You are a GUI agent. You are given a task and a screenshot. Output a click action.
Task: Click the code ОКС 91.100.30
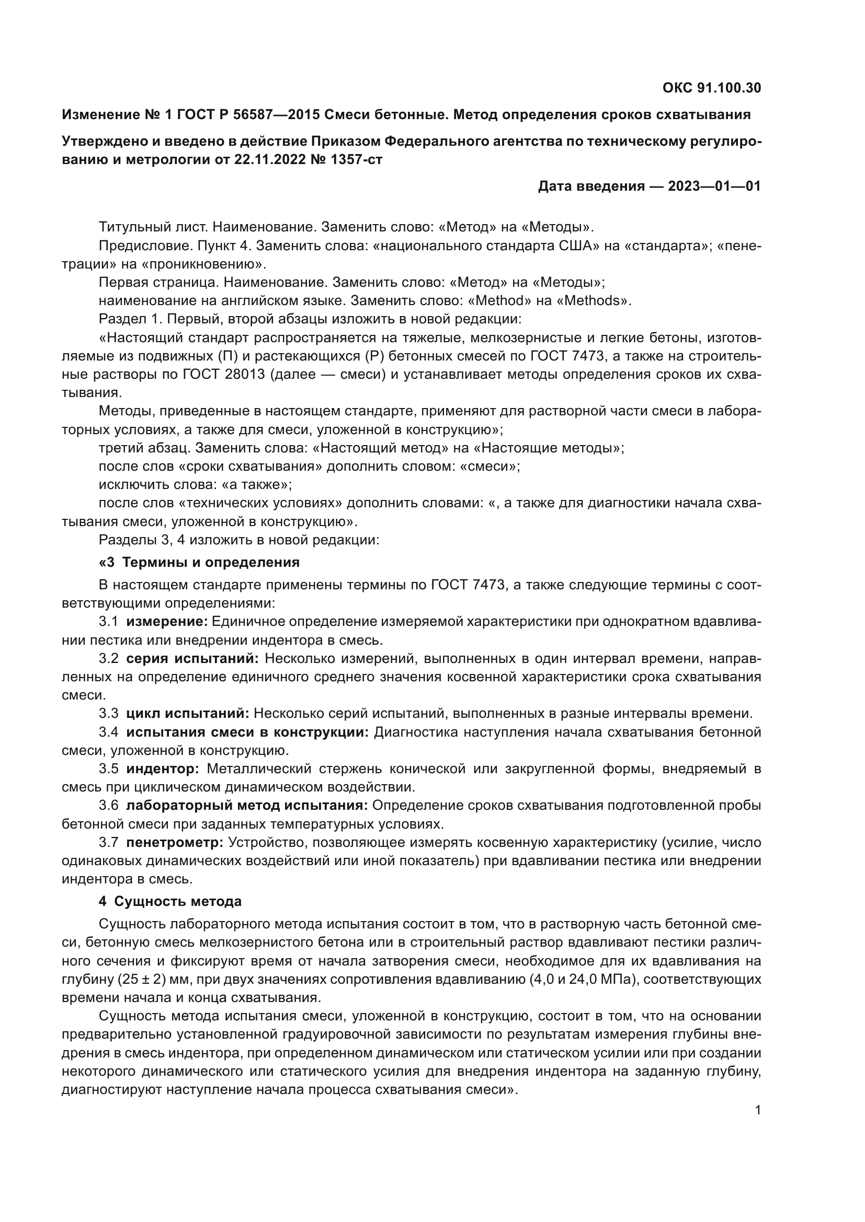pos(712,88)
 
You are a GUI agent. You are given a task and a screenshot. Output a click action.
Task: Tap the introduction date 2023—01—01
pos(714,186)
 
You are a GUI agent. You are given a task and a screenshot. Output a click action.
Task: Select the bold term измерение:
pos(167,622)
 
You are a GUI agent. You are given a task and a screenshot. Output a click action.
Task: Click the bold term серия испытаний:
pos(192,658)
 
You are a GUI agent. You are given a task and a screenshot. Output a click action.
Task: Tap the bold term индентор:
pos(163,769)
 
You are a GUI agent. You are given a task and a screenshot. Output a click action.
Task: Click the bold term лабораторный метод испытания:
pos(247,806)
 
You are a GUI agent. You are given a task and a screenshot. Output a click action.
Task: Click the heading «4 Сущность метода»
pos(170,902)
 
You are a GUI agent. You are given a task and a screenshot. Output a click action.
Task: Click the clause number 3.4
pos(109,732)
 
